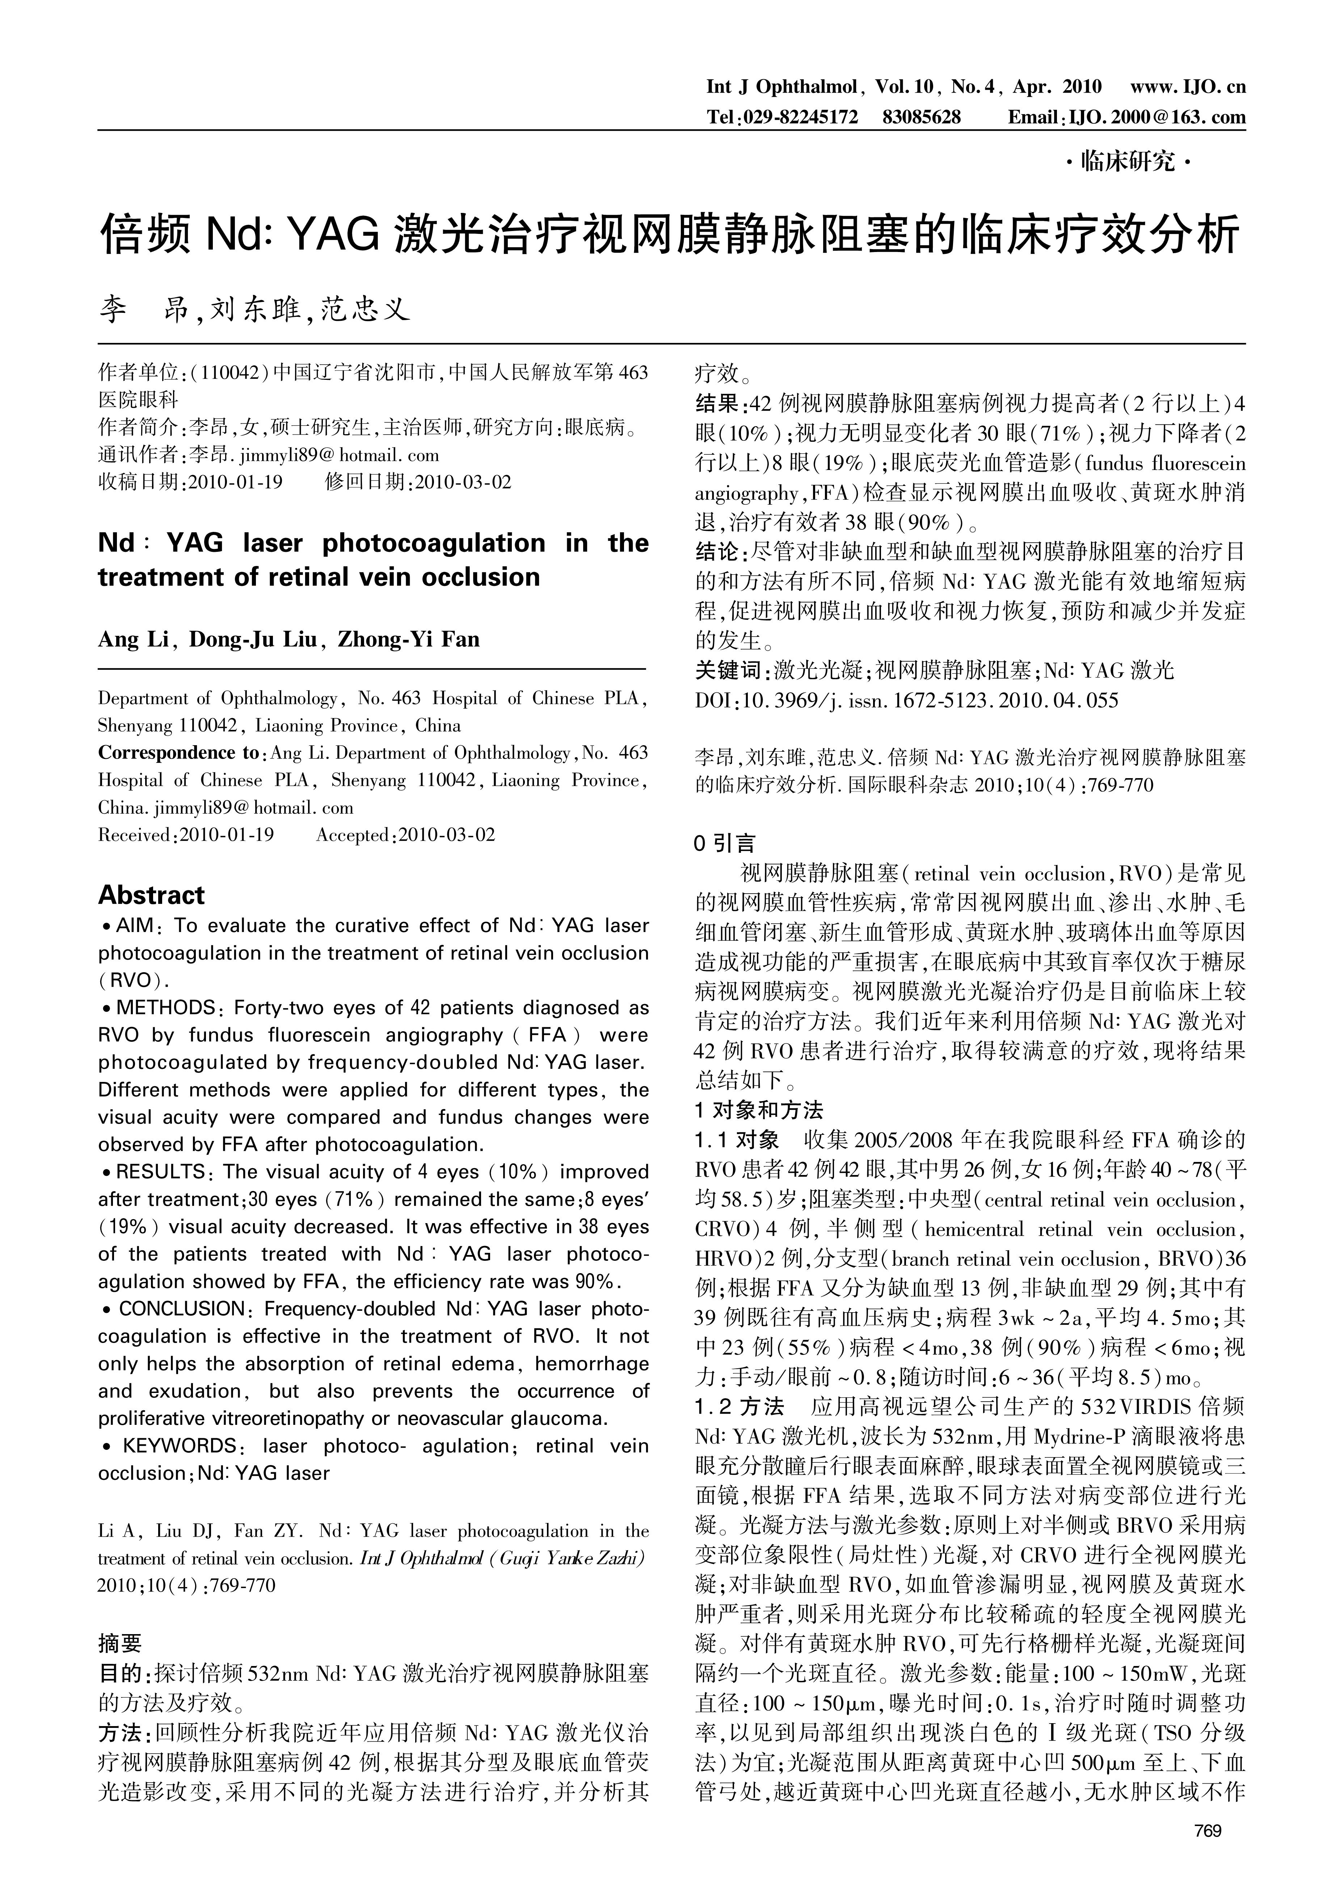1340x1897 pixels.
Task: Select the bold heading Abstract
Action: (151, 895)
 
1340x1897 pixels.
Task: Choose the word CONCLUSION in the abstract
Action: (182, 1309)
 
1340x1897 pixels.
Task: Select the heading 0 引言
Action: (725, 844)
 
